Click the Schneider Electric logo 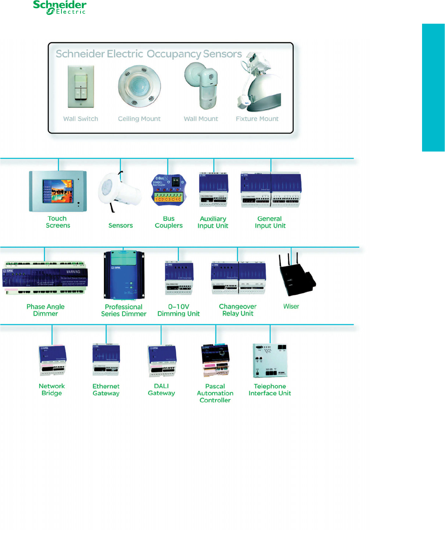coord(60,7)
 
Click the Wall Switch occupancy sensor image coord(81,86)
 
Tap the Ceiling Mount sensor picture coord(139,86)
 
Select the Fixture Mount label coord(257,119)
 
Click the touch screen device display coord(58,191)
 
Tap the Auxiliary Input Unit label coord(213,222)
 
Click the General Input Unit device coord(270,190)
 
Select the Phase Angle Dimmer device coord(45,278)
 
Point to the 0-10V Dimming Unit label coord(179,310)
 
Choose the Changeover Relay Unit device coord(238,277)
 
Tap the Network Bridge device coord(52,361)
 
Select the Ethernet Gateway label coord(106,390)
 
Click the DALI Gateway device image coord(162,361)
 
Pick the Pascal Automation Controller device coord(215,360)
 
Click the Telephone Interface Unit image coord(270,360)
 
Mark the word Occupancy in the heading coord(174,54)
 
